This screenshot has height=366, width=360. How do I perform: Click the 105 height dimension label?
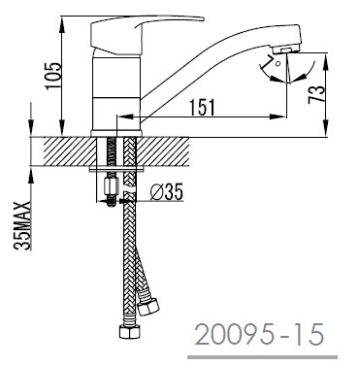[53, 76]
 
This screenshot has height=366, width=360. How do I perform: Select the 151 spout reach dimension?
[202, 107]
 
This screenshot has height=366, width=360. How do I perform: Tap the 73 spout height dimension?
[316, 94]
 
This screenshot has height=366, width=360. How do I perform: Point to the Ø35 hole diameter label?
[167, 191]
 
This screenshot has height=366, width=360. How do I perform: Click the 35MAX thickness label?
[22, 225]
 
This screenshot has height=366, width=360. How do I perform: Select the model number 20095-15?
[259, 335]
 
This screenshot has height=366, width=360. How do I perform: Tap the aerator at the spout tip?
[286, 50]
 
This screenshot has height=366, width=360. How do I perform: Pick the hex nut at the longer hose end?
[129, 332]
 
